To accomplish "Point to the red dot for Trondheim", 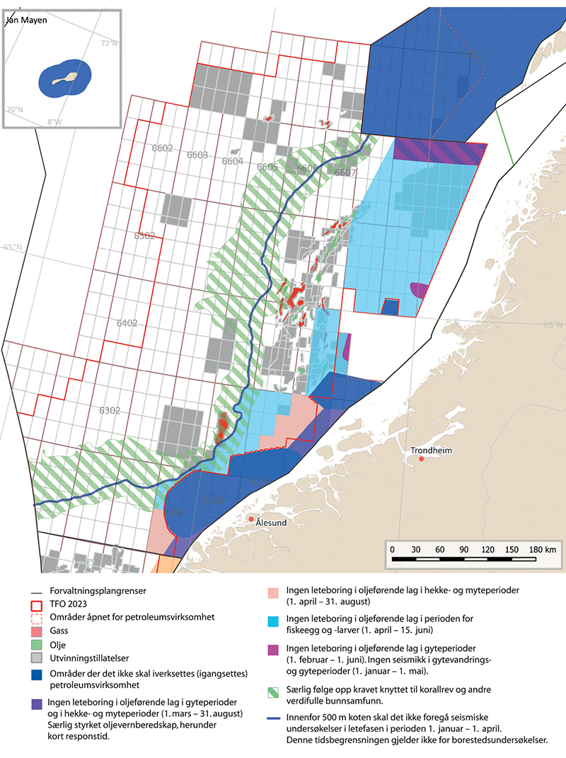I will point(421,459).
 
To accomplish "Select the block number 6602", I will point(162,148).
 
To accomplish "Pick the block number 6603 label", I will point(197,155).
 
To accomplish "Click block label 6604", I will point(232,161).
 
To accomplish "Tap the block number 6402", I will point(127,322).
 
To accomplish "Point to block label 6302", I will point(110,410).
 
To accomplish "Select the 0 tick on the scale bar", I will point(393,549).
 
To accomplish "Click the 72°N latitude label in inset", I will point(109,44).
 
